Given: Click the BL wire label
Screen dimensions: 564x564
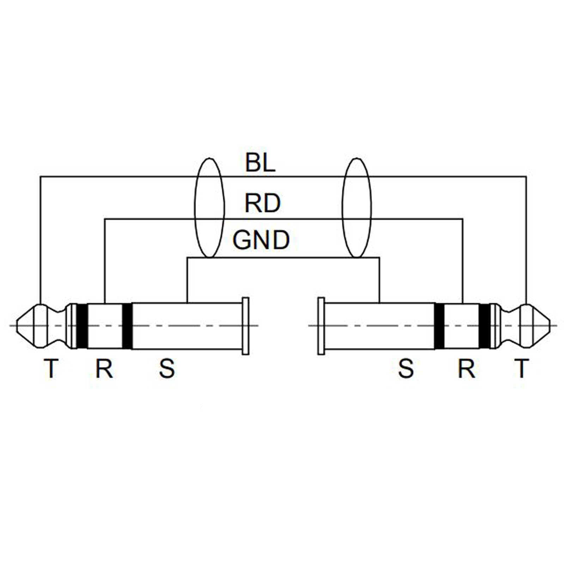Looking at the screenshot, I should click(x=260, y=163).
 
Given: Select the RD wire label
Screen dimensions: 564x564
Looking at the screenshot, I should click(x=262, y=203).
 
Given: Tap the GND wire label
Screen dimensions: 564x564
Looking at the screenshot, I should click(x=261, y=240).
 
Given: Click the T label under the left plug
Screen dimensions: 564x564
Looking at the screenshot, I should click(x=51, y=369).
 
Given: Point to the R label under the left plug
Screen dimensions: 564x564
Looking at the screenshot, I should click(x=104, y=369).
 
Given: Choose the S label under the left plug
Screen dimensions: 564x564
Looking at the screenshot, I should click(x=167, y=369).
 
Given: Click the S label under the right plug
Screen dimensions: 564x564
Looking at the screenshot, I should click(x=406, y=369).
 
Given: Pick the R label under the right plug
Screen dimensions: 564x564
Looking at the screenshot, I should click(x=466, y=369).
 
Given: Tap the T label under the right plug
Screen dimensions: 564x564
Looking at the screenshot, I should click(x=521, y=369).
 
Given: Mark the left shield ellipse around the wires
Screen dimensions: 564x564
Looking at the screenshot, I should click(x=209, y=208).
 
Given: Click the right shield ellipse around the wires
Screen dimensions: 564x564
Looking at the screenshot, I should click(x=357, y=208).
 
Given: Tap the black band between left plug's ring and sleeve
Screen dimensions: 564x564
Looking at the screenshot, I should click(x=127, y=326).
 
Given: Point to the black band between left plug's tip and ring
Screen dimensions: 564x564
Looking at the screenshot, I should click(x=82, y=326).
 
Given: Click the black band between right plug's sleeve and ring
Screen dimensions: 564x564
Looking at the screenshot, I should click(x=439, y=326).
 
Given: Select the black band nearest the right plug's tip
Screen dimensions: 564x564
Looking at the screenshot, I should click(x=485, y=326).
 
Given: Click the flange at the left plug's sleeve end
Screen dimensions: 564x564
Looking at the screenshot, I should click(x=245, y=326).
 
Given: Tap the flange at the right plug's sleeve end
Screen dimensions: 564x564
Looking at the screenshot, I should click(x=321, y=326).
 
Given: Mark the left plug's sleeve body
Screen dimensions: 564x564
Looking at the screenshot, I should click(x=187, y=326).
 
